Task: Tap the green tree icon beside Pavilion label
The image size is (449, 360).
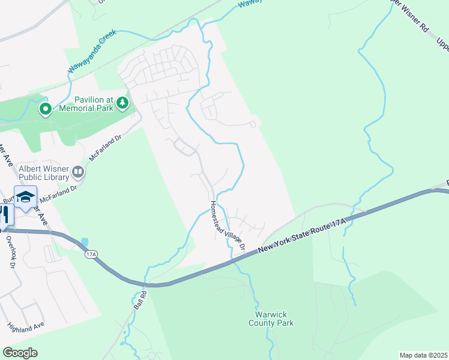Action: point(122,103)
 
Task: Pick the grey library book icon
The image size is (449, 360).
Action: point(78,173)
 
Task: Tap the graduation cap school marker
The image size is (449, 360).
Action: point(26,197)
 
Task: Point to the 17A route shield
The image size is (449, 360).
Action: point(91,254)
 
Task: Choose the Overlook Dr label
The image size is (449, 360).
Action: point(11,250)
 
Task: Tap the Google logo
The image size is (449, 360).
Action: point(20,353)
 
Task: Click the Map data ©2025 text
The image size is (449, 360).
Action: point(423,355)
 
